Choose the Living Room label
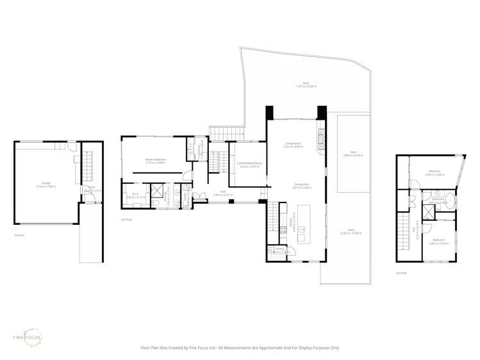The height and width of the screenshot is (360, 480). (293, 145)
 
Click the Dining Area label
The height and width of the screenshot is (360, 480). (293, 186)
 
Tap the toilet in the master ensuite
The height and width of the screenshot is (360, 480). (176, 191)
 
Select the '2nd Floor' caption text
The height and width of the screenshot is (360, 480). (126, 219)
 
